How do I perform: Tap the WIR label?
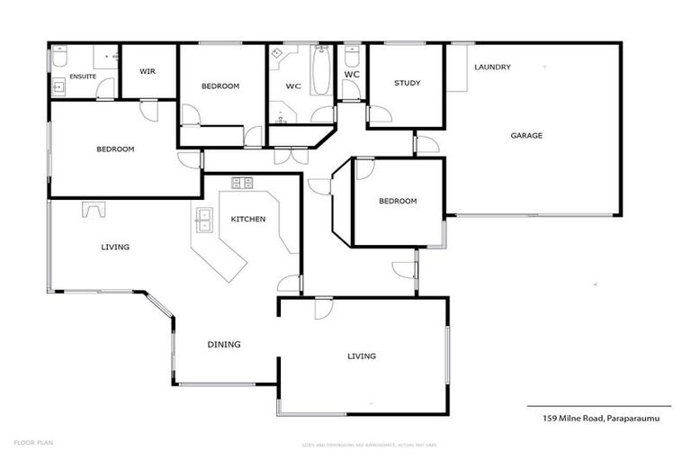coord(148,71)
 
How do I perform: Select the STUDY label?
coord(407,84)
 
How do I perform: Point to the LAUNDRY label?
coord(492,67)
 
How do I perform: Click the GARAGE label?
coord(526,136)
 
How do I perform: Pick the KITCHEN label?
coord(247,219)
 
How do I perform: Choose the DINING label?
coord(223,344)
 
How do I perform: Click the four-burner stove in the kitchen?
coord(242,183)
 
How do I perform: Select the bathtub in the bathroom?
coord(321,72)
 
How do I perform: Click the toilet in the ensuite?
coord(58,59)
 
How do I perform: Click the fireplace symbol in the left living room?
coord(94,209)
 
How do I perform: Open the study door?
coord(378,114)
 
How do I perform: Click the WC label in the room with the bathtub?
coord(292,86)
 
